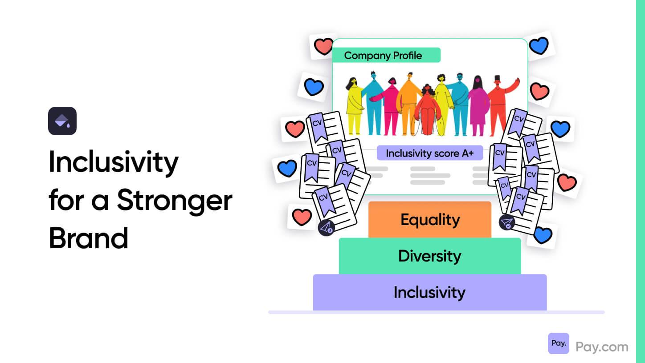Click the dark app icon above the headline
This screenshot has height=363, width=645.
pos(62,121)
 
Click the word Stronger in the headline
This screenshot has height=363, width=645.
pos(175,201)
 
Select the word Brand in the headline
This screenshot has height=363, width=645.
pos(88,238)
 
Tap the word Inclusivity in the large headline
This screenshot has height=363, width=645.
pos(114,162)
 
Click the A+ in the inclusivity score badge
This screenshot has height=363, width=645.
pos(468,153)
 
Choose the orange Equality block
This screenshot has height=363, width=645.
pos(430,220)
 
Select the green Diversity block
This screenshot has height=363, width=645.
pos(430,256)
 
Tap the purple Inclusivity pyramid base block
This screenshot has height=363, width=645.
pos(430,292)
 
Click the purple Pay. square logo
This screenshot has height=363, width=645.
pos(558,343)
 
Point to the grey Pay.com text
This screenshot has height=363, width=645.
pos(602,347)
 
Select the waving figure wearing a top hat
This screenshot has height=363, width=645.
pos(502,104)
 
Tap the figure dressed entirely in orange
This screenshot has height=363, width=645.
pos(408,104)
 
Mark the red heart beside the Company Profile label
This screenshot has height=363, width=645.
pos(323,46)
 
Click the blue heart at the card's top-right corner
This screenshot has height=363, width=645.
pos(539,45)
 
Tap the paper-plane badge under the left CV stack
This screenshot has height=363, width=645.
pos(326,228)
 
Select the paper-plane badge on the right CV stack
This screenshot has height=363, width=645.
pos(507,222)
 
